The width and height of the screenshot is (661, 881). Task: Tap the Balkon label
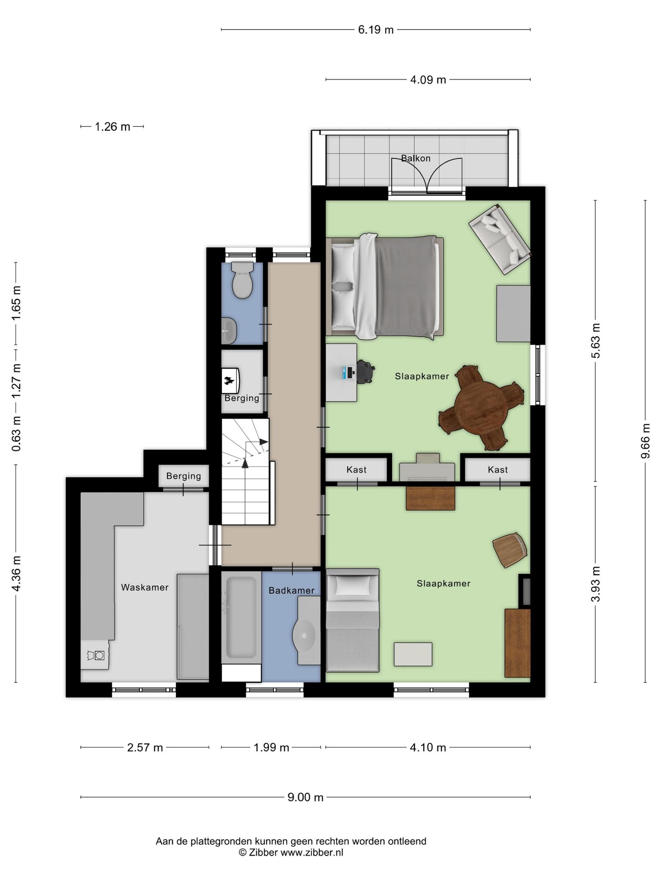click(416, 158)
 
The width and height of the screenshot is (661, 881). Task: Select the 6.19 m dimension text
click(376, 30)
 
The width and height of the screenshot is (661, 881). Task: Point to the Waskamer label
click(145, 588)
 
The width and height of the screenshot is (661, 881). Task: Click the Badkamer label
click(291, 591)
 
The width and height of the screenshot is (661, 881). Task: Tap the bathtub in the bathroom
click(241, 618)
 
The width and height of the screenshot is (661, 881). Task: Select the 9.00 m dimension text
click(305, 797)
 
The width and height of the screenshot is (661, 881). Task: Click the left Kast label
click(356, 470)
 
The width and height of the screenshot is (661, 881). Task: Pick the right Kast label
click(497, 470)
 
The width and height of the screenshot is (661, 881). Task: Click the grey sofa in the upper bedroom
click(500, 240)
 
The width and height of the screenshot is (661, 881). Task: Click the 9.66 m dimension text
click(645, 441)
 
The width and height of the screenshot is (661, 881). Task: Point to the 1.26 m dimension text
click(112, 127)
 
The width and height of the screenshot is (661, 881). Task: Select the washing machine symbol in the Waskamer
click(96, 655)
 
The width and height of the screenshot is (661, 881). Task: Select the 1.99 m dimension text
click(271, 747)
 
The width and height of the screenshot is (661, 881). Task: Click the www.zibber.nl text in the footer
click(312, 852)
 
